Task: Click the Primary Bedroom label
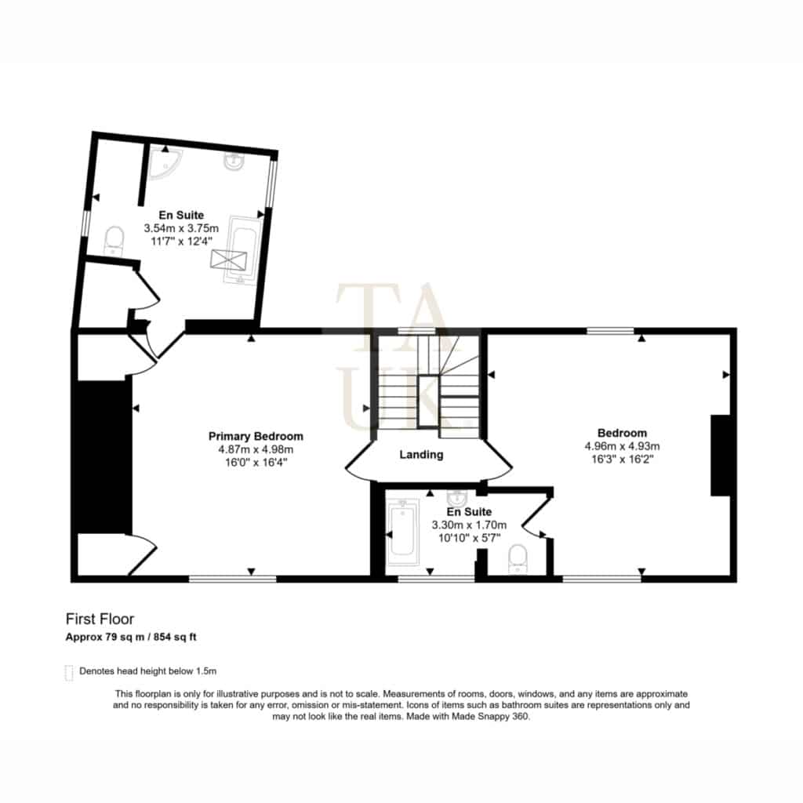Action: (x=256, y=436)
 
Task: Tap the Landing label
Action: (x=421, y=454)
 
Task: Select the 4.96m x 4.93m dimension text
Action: (x=622, y=446)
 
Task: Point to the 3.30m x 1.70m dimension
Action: (x=469, y=525)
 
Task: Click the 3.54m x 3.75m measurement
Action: (x=181, y=228)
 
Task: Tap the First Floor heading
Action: (x=100, y=620)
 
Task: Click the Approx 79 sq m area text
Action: (x=105, y=638)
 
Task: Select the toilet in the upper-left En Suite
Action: (x=114, y=242)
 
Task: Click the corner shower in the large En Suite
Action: (x=163, y=163)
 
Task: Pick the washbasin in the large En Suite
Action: (x=234, y=161)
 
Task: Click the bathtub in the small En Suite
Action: (x=402, y=532)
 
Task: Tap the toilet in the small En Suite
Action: (x=518, y=558)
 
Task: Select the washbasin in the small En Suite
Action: (x=456, y=496)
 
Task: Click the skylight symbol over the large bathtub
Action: (x=228, y=260)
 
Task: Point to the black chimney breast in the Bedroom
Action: (x=720, y=456)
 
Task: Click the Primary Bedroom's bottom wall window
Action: (x=232, y=580)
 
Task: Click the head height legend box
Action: (x=69, y=672)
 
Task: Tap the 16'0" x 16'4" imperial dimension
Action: (x=256, y=463)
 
